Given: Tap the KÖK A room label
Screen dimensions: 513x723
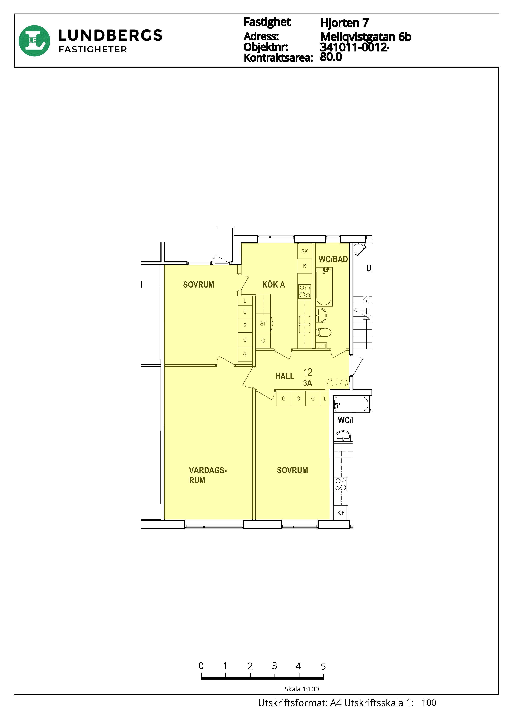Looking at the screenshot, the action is [x=274, y=285].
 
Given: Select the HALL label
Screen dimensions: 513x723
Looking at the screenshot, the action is [x=285, y=376].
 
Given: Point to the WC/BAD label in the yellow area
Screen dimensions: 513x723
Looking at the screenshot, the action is [x=333, y=259].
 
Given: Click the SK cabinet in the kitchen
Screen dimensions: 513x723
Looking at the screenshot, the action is [x=305, y=251].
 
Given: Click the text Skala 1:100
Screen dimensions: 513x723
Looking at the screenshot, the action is [x=302, y=689].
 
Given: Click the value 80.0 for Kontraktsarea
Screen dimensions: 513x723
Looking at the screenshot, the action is [x=331, y=57].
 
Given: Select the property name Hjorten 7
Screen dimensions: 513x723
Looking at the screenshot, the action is [x=344, y=23].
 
